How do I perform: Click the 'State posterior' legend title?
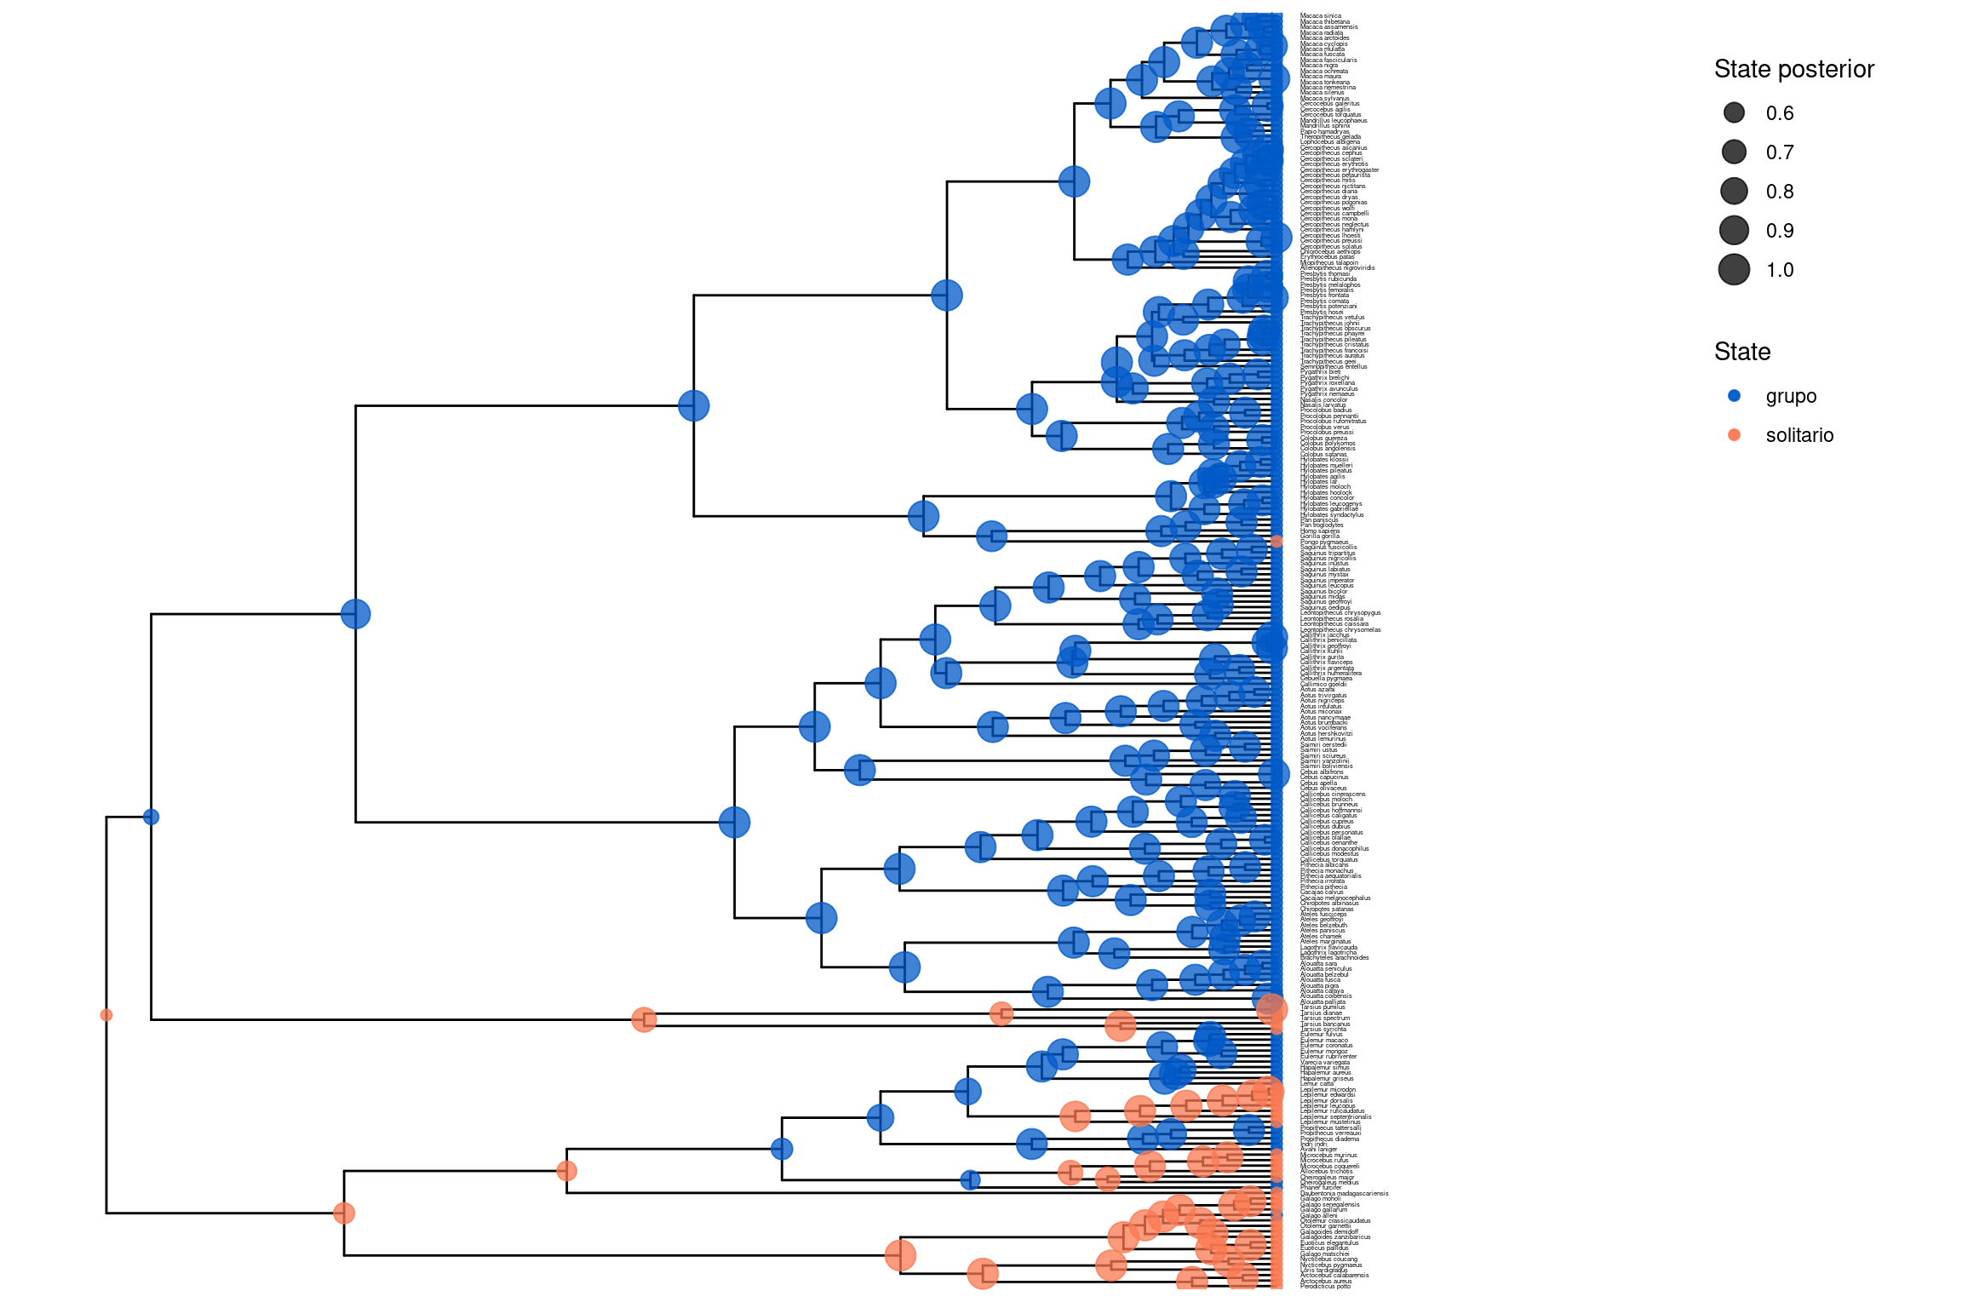1793,69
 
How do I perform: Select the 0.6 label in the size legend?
1779,113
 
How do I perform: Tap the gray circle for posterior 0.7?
1734,152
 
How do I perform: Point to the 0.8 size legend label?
1779,192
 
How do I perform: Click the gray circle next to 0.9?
1734,231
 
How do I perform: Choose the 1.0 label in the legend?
1779,270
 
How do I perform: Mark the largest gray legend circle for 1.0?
1734,270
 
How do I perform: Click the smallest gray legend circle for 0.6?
1734,113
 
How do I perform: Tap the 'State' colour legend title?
1741,352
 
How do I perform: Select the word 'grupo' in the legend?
1791,396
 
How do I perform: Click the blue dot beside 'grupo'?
1734,396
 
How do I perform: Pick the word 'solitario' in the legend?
1799,435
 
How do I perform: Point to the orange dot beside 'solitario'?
1734,435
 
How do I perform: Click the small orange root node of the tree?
106,1015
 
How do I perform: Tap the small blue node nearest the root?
152,817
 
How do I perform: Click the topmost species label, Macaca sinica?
1321,16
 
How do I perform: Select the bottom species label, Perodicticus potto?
1325,1287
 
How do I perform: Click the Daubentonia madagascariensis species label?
1344,1194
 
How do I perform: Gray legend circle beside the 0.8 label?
1734,192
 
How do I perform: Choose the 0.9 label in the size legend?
1779,231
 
